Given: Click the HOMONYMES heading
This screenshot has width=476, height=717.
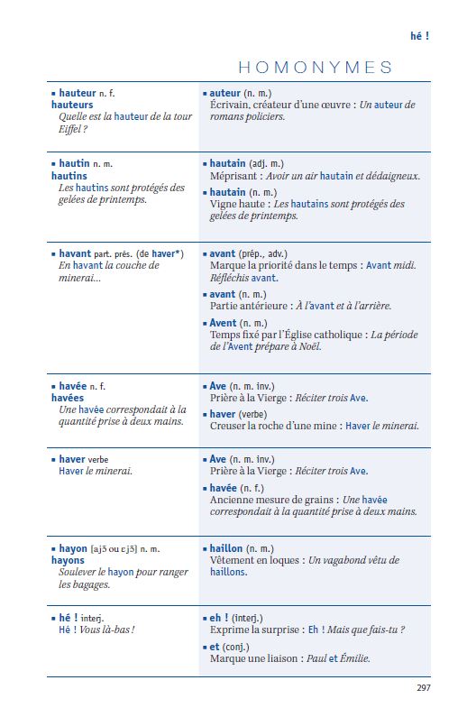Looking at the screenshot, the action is pos(315,68).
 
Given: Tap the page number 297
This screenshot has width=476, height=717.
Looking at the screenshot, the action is pos(423,688).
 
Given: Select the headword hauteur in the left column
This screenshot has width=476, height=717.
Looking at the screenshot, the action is pos(78,93).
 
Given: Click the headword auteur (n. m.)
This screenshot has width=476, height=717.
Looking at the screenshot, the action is pos(225,93).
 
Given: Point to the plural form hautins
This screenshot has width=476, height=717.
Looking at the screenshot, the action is pos(69,176).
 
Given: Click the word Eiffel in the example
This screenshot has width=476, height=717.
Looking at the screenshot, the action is pos(72,129).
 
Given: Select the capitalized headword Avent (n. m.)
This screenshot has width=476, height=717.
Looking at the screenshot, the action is pos(224,323).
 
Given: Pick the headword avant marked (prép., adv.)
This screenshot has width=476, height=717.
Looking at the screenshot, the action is pos(223,254).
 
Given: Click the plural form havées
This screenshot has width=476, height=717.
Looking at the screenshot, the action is pos(68,398).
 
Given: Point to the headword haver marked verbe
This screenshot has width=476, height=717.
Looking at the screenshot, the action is pos(72,459).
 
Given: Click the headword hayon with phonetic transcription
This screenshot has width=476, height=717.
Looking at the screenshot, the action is pos(73,548).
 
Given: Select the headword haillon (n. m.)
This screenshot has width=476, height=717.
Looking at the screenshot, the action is pos(229,548).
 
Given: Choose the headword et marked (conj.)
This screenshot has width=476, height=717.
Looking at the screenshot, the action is pos(215,647).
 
